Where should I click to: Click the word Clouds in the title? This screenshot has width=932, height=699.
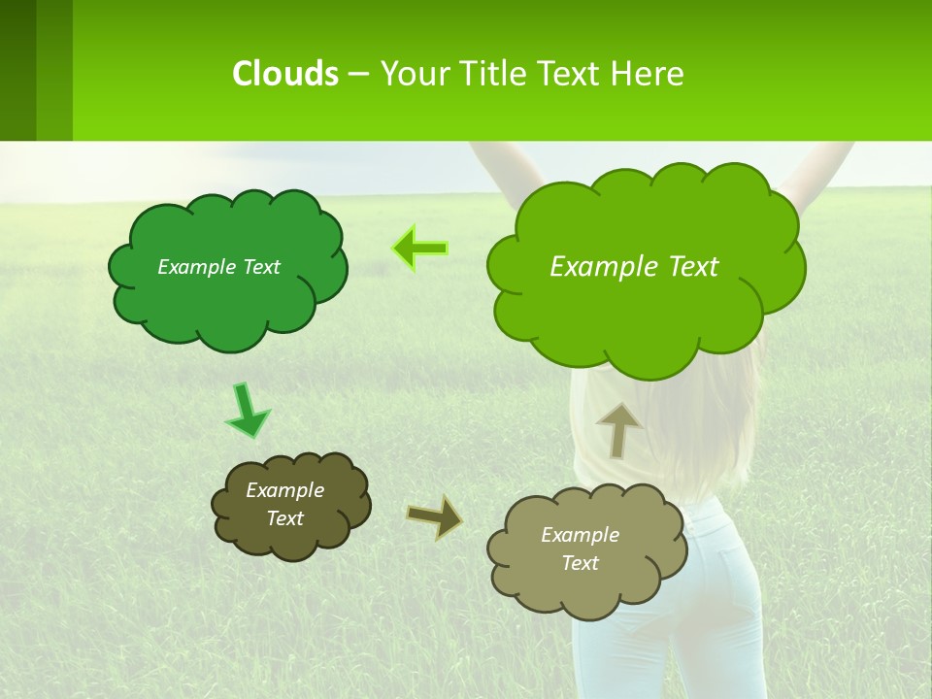pos(285,74)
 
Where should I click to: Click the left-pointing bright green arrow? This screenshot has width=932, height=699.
pos(419,249)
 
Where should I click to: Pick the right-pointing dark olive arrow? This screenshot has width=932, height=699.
pos(435,516)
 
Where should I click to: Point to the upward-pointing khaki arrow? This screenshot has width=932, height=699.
pos(619,428)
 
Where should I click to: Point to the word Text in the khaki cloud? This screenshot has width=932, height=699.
pos(580,563)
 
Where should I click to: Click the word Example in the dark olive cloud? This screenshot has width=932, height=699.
pos(284,490)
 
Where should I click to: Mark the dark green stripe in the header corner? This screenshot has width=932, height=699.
pos(17,70)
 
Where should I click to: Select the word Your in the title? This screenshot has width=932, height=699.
pos(414,74)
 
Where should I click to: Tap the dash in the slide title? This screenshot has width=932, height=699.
pos(357,74)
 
